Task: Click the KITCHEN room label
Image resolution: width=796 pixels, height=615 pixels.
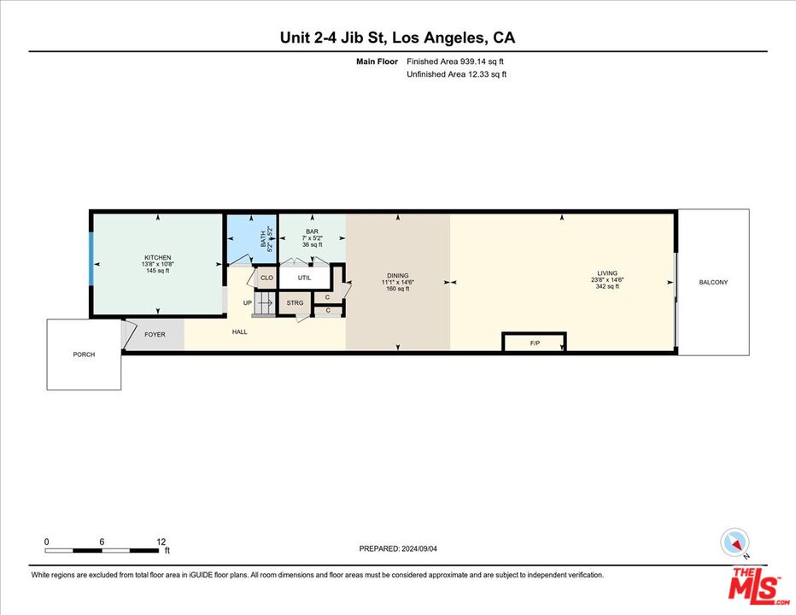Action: [157, 258]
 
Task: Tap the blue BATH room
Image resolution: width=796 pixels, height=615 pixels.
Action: [251, 239]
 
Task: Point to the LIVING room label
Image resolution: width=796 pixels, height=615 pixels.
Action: [606, 273]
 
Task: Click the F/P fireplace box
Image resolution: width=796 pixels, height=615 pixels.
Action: [535, 343]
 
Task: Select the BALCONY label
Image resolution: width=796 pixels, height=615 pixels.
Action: [713, 282]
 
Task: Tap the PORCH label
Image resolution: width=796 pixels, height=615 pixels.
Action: [84, 354]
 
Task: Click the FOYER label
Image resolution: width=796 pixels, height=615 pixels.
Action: [155, 335]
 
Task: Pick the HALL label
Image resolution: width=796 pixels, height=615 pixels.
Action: [240, 331]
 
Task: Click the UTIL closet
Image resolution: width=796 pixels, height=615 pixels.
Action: [305, 278]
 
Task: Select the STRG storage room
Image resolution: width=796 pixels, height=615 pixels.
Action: [295, 303]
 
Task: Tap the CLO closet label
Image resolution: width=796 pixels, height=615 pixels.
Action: [266, 278]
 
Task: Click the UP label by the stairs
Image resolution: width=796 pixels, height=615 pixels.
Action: [247, 303]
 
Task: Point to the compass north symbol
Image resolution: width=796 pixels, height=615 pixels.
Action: [735, 542]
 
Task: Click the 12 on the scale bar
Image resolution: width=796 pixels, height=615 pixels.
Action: [161, 542]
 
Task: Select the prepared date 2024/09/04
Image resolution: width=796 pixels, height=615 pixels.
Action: [397, 548]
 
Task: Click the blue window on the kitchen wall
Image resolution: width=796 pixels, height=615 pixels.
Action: [91, 265]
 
